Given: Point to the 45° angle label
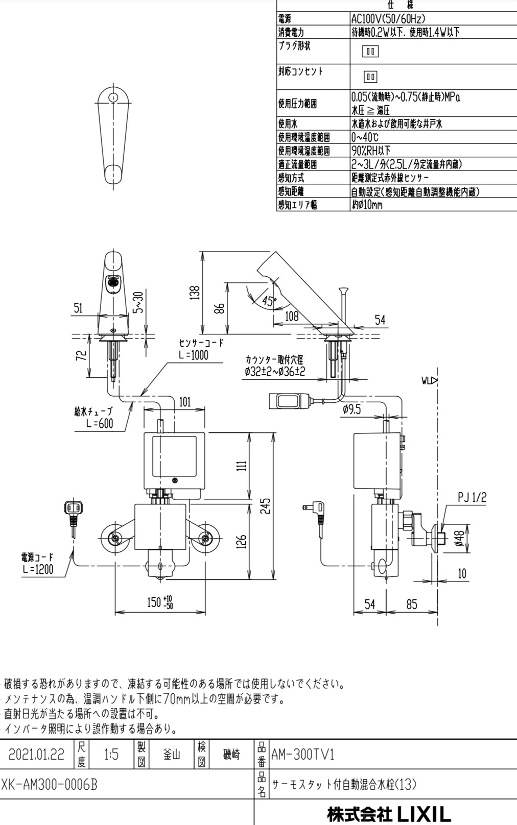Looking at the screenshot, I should [268, 301].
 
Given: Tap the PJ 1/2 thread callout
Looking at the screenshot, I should [472, 497].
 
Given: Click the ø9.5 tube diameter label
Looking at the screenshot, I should [351, 409].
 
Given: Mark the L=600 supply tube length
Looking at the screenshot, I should [100, 423].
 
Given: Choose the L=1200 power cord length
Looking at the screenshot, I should [37, 569].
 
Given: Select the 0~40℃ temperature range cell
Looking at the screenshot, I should [365, 137].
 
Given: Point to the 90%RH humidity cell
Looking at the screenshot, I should [371, 151].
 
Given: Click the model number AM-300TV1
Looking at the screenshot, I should [302, 755].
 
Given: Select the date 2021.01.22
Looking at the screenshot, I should [37, 755].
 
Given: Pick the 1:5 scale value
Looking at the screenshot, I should [110, 755].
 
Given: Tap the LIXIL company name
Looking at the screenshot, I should [389, 813].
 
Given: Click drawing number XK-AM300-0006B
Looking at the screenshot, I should [49, 784].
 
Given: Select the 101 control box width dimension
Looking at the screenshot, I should [184, 402].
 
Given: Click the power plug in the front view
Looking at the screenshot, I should [72, 511].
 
